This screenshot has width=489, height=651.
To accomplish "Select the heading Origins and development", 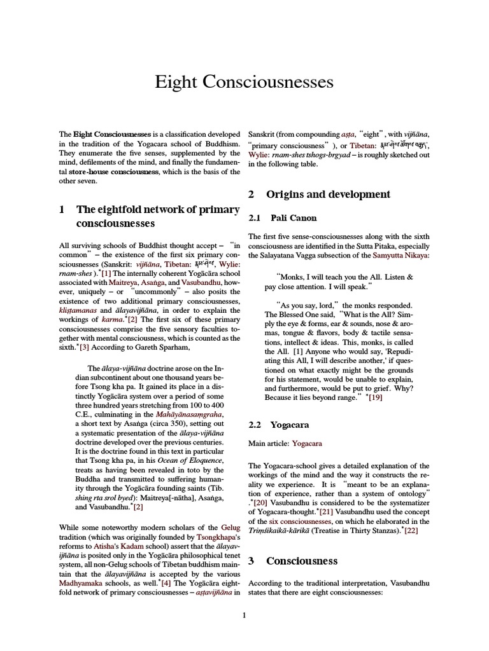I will (328, 194).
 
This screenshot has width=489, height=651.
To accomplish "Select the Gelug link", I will (230, 527).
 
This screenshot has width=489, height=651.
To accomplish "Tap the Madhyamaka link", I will (83, 582).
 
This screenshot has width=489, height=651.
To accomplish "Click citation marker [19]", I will (374, 397).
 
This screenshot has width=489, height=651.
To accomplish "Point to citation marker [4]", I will (166, 582).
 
